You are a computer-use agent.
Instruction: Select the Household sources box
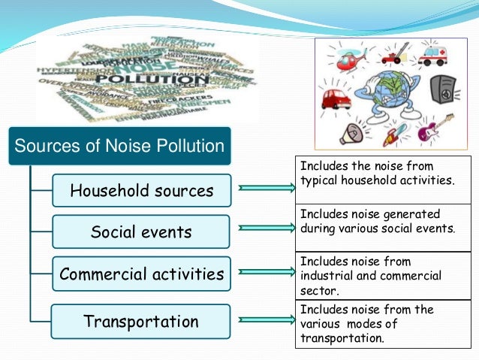(x=141, y=190)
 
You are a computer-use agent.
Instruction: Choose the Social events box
(x=141, y=232)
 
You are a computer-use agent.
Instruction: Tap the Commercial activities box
(x=141, y=274)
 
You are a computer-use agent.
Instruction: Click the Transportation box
(x=141, y=322)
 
